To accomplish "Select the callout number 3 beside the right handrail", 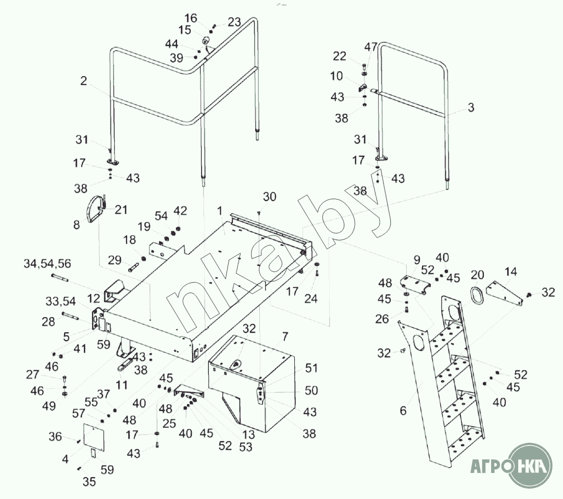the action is [x=471, y=108].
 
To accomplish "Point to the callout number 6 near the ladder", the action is [x=403, y=410].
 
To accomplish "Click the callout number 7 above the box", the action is [x=284, y=336].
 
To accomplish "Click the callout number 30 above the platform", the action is [x=270, y=197].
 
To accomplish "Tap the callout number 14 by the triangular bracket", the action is [x=510, y=271].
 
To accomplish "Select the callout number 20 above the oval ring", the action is [x=478, y=275].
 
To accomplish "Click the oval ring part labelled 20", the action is [x=478, y=296].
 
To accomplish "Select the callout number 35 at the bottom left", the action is [x=89, y=482].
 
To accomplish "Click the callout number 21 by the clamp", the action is [x=121, y=209].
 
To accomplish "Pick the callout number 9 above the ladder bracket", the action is [x=416, y=259].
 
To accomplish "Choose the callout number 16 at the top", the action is [x=191, y=18].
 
